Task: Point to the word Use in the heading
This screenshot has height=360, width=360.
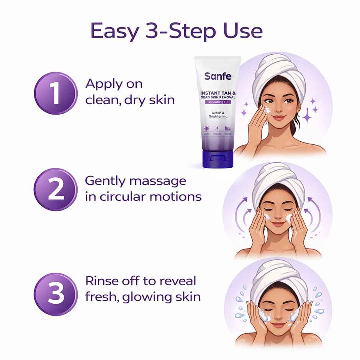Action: point(244,31)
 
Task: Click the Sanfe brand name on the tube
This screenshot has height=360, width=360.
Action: point(218,76)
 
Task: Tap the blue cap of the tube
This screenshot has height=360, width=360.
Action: point(217,159)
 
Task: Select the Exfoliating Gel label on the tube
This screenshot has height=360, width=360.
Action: point(218,103)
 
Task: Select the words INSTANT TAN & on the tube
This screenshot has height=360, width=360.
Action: point(218,93)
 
